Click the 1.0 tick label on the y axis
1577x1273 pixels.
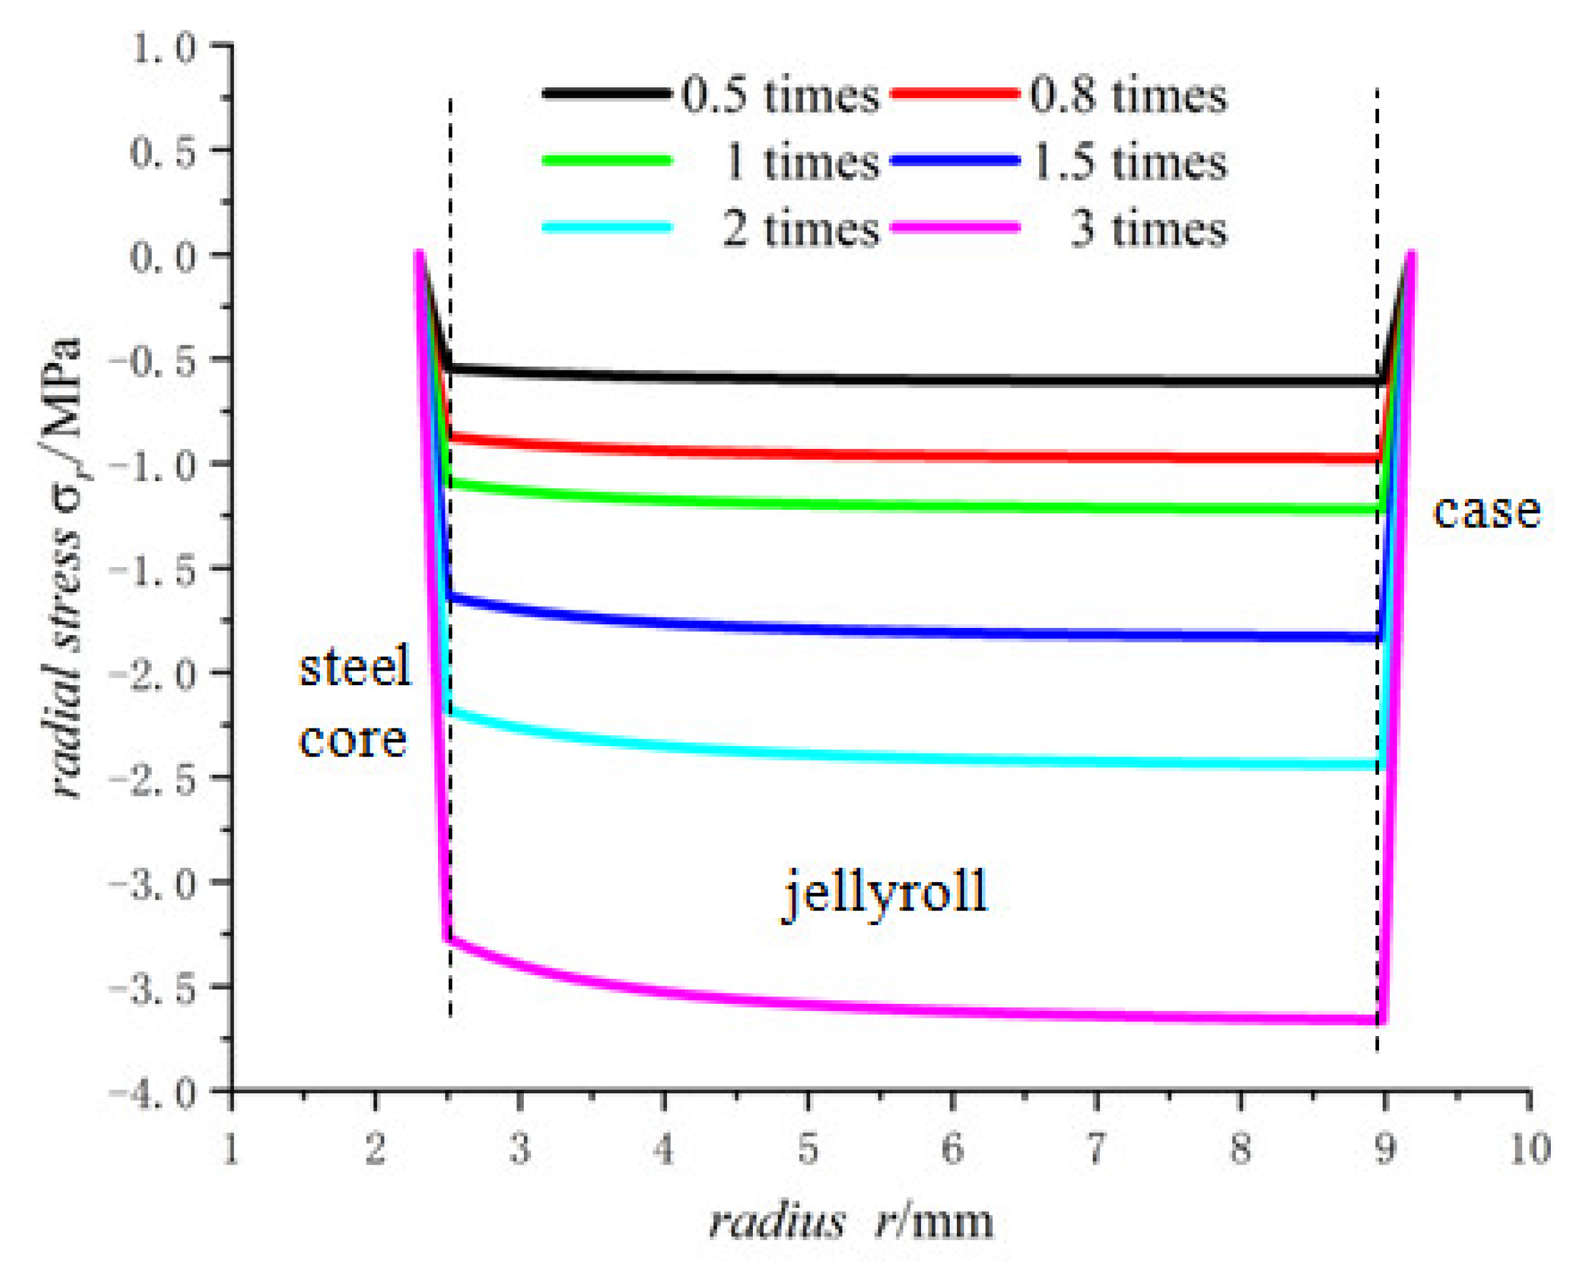[x=163, y=48]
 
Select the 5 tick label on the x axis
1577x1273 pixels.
[x=808, y=1149]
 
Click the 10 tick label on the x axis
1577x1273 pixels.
[x=1530, y=1149]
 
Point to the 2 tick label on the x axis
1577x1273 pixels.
[x=375, y=1149]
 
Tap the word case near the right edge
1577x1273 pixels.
[x=1486, y=511]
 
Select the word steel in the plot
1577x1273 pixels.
[x=356, y=668]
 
